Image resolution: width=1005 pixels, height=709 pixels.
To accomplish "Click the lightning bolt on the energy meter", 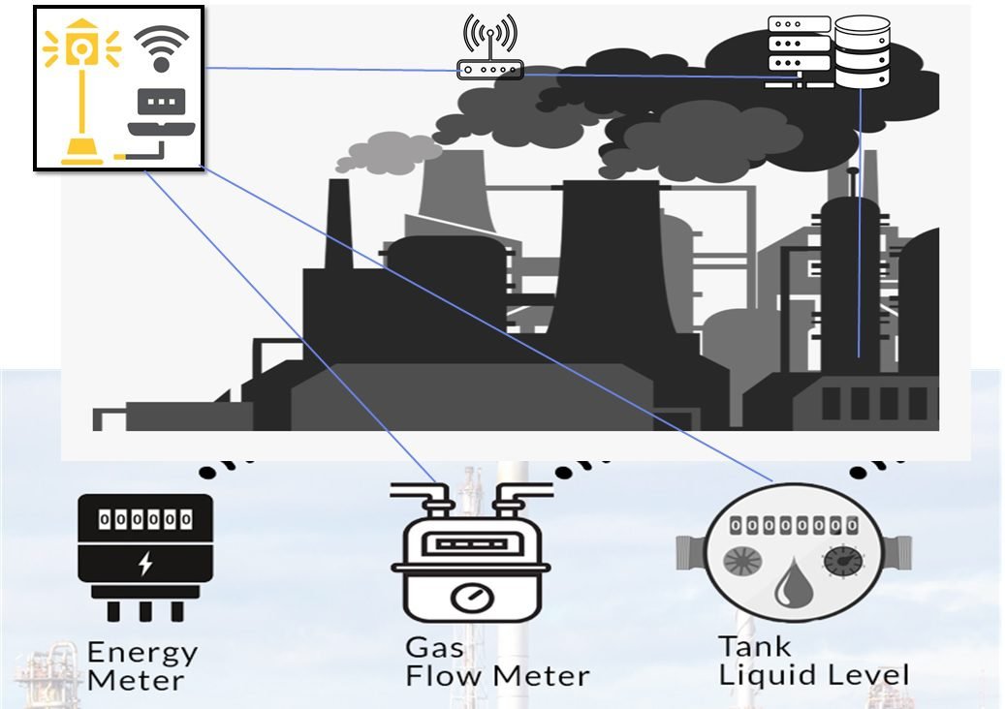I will coord(145,564).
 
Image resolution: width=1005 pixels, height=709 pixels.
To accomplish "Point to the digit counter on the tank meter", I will coord(793,525).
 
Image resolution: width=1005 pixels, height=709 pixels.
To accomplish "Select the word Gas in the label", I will coord(433,646).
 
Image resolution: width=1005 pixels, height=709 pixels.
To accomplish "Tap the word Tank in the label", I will coord(754,645).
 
